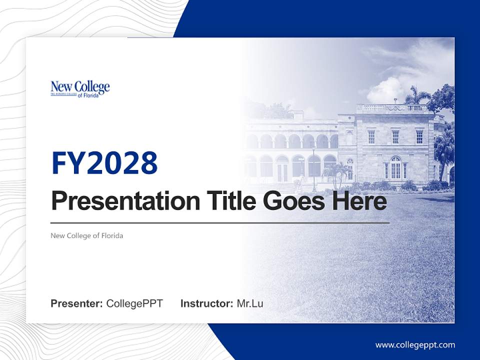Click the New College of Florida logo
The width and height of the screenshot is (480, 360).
80,88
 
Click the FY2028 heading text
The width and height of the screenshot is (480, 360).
104,163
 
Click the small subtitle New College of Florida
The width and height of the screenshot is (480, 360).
86,235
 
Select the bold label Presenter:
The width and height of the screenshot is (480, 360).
77,303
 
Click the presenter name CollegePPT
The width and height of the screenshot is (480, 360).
134,303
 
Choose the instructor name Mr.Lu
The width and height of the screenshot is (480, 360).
250,303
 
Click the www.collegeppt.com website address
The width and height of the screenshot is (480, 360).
415,345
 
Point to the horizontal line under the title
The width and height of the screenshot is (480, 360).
220,222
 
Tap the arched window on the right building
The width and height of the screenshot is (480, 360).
395,167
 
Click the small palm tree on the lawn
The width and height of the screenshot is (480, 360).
336,172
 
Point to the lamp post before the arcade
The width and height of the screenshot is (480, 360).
314,167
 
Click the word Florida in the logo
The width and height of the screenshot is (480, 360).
91,95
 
